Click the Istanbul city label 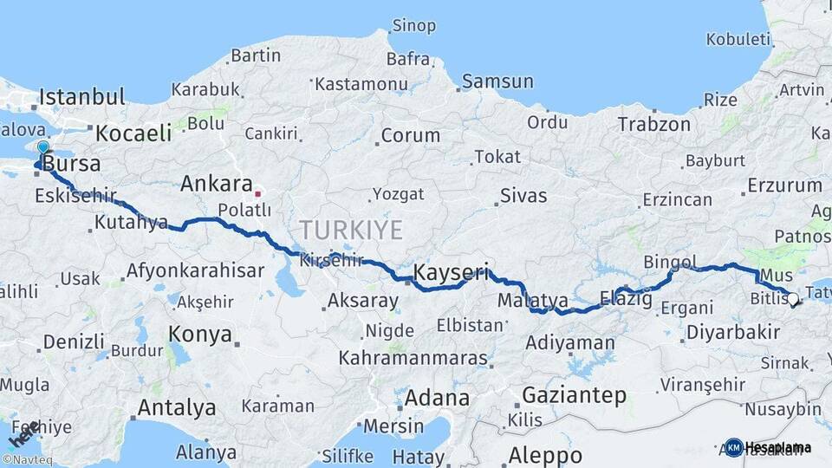pyautogui.click(x=81, y=96)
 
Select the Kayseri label pyautogui.click(x=451, y=272)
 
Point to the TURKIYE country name pyautogui.click(x=351, y=230)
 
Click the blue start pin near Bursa pyautogui.click(x=42, y=149)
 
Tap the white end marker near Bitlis pyautogui.click(x=791, y=299)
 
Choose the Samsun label pyautogui.click(x=497, y=81)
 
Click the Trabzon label pyautogui.click(x=653, y=124)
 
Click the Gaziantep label pyautogui.click(x=574, y=395)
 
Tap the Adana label pyautogui.click(x=437, y=399)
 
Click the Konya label pyautogui.click(x=200, y=334)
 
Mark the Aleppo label pyautogui.click(x=545, y=454)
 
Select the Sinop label pyautogui.click(x=413, y=25)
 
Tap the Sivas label pyautogui.click(x=523, y=195)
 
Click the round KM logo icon pyautogui.click(x=733, y=447)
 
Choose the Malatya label pyautogui.click(x=533, y=301)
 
